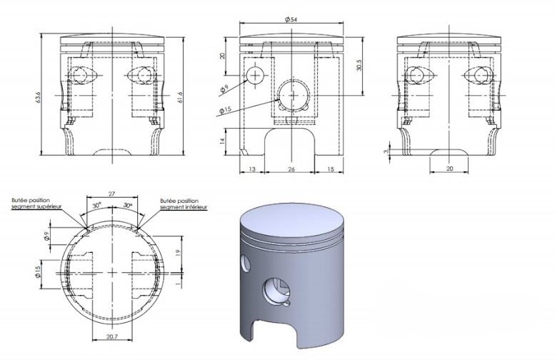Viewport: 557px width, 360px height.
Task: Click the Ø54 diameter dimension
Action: click(291, 20)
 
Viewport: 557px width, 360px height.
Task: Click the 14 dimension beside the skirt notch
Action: click(223, 141)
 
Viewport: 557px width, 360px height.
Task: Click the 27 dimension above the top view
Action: click(112, 194)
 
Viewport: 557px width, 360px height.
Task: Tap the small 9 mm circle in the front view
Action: click(255, 75)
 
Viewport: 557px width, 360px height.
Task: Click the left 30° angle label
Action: click(98, 205)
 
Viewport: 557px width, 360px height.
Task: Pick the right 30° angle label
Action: click(127, 205)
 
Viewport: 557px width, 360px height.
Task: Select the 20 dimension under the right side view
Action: click(448, 169)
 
